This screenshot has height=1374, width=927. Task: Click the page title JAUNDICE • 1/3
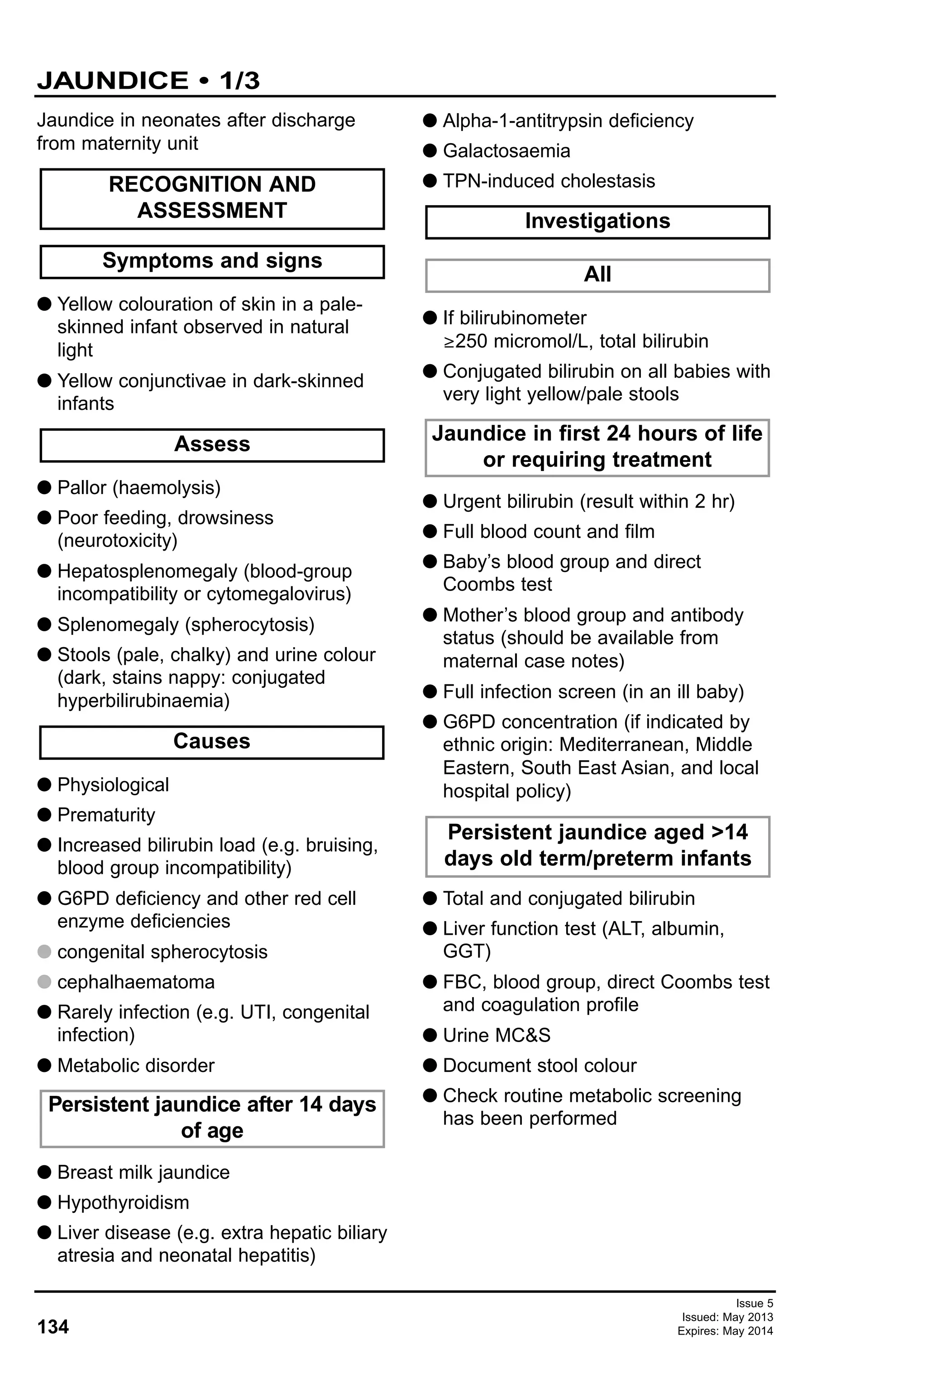148,81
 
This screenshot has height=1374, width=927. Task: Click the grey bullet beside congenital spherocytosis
44,951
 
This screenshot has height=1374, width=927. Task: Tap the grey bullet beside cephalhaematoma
44,981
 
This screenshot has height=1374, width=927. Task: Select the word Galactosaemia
507,151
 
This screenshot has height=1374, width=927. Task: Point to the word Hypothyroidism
123,1202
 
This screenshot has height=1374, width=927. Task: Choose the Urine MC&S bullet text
496,1035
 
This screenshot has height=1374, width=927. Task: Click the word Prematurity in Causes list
106,815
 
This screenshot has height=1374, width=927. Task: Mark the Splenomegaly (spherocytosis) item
186,625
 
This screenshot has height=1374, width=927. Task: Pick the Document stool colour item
540,1065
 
